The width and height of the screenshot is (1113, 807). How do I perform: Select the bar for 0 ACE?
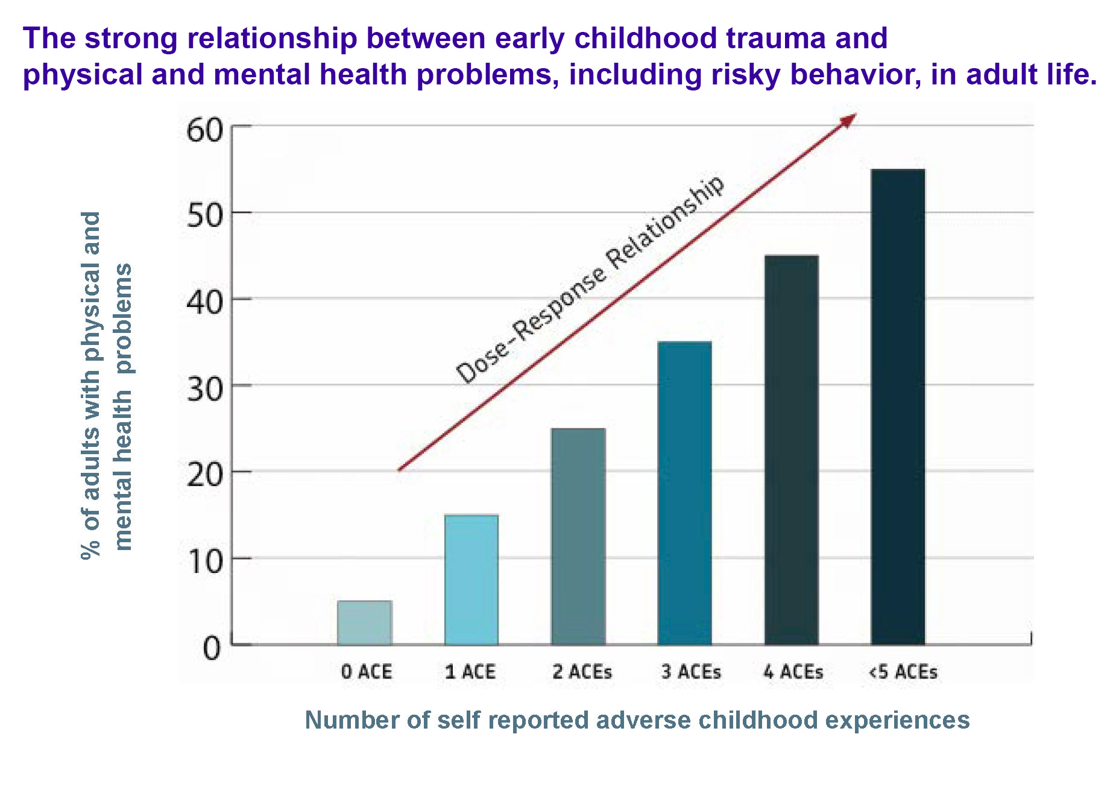pos(364,622)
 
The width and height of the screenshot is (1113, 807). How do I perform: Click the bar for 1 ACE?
pos(471,580)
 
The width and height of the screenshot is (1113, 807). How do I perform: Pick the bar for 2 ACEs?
pos(578,536)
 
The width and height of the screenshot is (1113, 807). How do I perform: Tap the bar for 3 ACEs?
pos(684,493)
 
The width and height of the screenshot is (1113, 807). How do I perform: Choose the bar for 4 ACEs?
pos(791,450)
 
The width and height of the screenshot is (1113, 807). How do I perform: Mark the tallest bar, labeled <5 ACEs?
pos(898,407)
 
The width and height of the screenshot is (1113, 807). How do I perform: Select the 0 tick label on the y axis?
pos(212,649)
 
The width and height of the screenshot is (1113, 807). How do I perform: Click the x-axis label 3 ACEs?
pos(691,672)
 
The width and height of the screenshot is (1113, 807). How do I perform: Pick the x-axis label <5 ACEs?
pos(903,672)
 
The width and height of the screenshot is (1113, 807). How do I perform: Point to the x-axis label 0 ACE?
pos(367,672)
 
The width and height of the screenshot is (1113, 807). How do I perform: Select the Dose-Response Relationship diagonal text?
pos(590,280)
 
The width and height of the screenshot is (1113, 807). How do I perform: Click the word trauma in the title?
pos(776,39)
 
